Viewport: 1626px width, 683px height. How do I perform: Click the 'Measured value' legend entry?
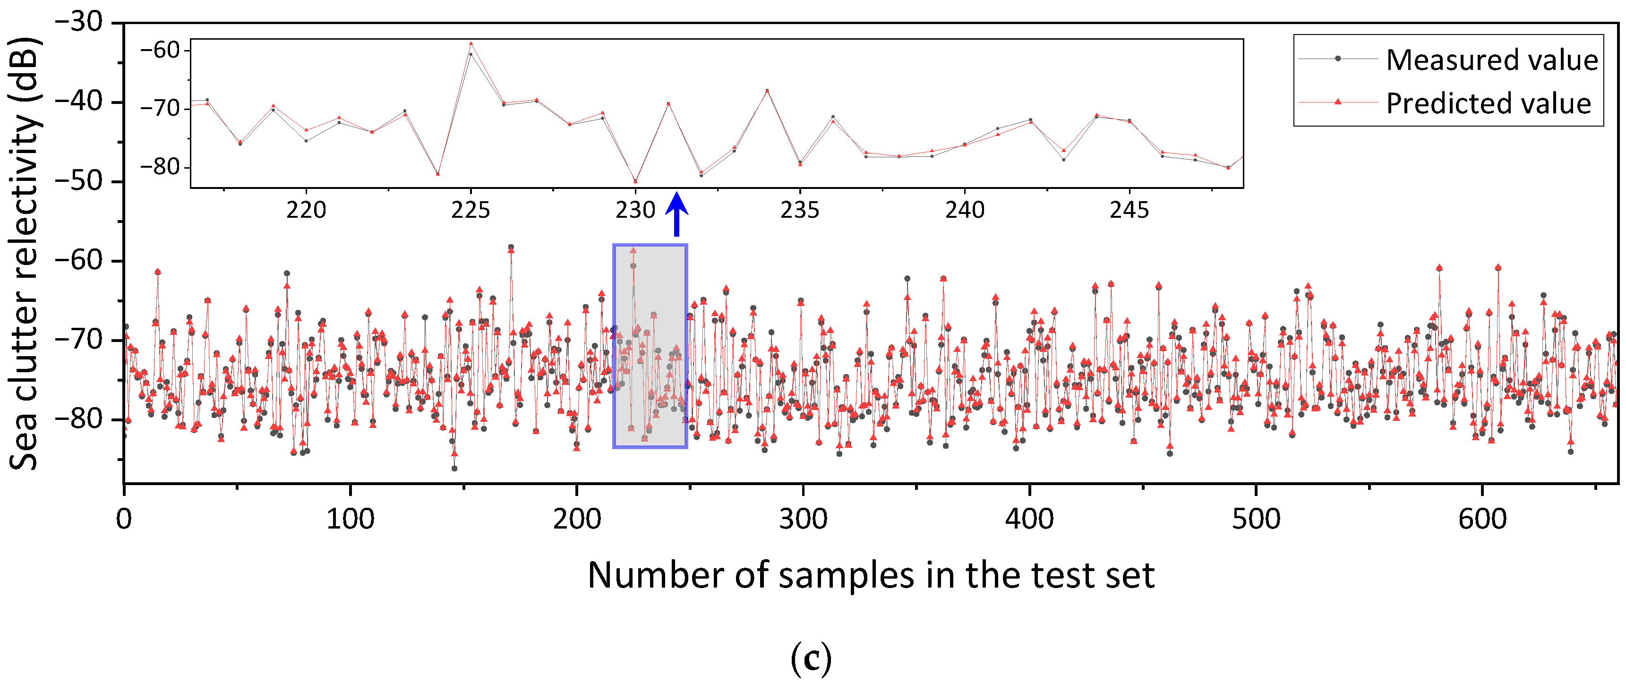click(1491, 60)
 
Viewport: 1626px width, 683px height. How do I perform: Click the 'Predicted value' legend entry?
click(1488, 103)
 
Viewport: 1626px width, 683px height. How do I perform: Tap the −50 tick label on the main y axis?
click(79, 181)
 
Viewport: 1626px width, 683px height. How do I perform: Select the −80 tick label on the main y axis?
click(79, 419)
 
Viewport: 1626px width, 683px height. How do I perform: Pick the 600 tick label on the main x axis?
click(1482, 520)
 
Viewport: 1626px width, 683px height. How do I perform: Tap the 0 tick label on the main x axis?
click(124, 520)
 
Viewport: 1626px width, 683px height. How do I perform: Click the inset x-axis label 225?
click(470, 210)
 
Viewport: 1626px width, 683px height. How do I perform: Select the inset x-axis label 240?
click(965, 210)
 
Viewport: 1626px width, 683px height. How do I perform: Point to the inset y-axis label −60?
click(160, 50)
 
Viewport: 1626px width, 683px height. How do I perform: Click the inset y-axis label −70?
click(160, 109)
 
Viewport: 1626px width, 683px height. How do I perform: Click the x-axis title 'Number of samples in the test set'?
click(871, 575)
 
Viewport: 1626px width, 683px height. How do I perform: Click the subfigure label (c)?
click(811, 658)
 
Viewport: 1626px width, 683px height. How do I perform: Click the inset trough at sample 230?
click(636, 181)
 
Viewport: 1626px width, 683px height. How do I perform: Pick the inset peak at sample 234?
click(767, 91)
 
